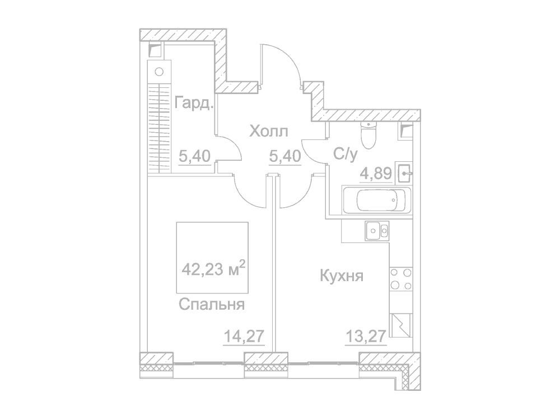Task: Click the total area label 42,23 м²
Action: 213,268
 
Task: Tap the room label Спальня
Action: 212,305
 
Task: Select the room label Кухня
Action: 342,276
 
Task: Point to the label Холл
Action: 268,132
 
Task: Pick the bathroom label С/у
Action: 346,154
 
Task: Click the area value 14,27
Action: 244,336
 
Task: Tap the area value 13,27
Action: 366,336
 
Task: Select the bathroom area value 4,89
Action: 372,174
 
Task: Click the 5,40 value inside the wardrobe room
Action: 195,156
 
